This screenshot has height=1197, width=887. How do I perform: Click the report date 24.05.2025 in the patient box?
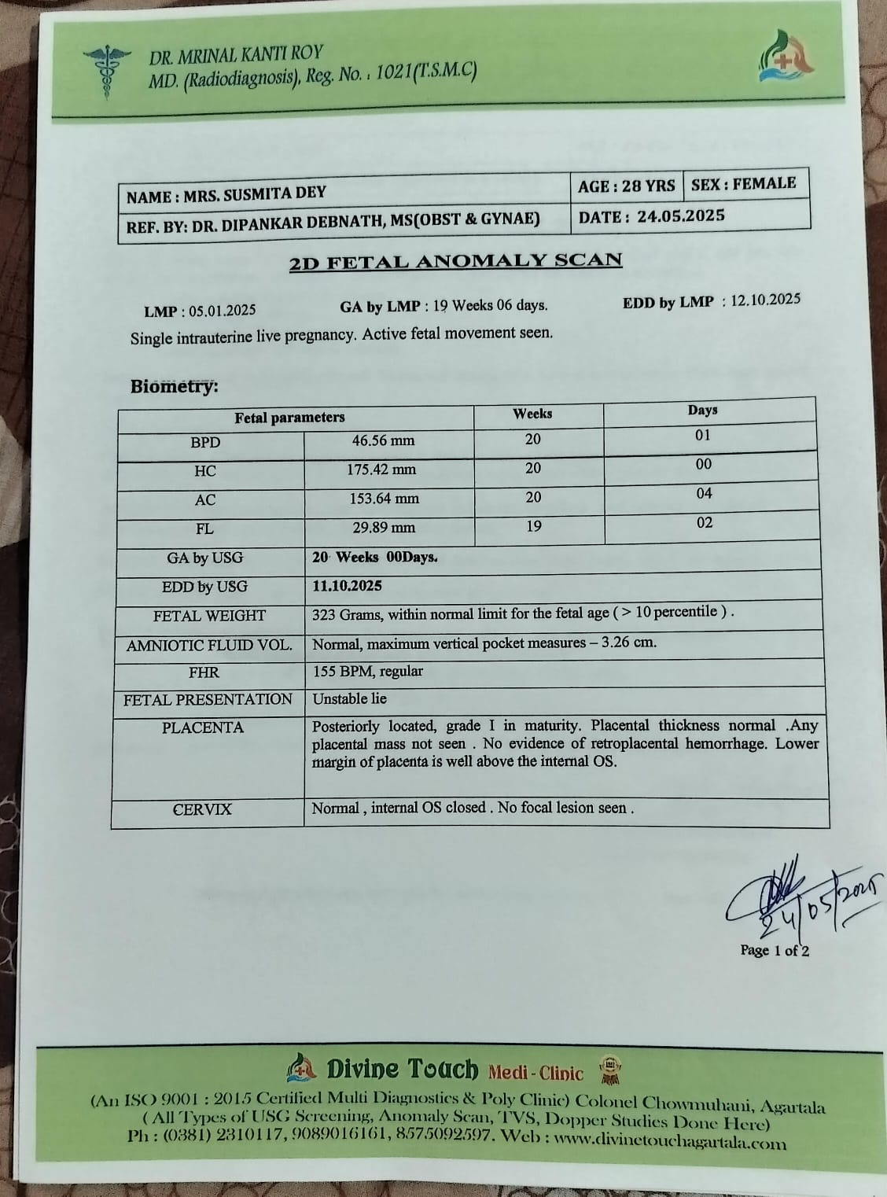(681, 215)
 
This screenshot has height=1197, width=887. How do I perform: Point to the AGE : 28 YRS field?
(626, 186)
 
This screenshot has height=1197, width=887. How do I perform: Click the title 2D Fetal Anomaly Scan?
(455, 262)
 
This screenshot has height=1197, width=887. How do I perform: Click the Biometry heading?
(174, 387)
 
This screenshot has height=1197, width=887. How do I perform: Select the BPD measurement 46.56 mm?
(383, 440)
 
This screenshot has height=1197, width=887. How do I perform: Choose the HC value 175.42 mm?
(382, 470)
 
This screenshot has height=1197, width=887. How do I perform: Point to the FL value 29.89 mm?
(383, 528)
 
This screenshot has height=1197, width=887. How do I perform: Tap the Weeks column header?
(532, 414)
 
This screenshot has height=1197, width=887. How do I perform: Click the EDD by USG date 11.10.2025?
(347, 586)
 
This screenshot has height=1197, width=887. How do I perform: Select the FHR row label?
(204, 672)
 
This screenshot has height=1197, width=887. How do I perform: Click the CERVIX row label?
(202, 809)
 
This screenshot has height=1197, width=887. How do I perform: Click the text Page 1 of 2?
(775, 950)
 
